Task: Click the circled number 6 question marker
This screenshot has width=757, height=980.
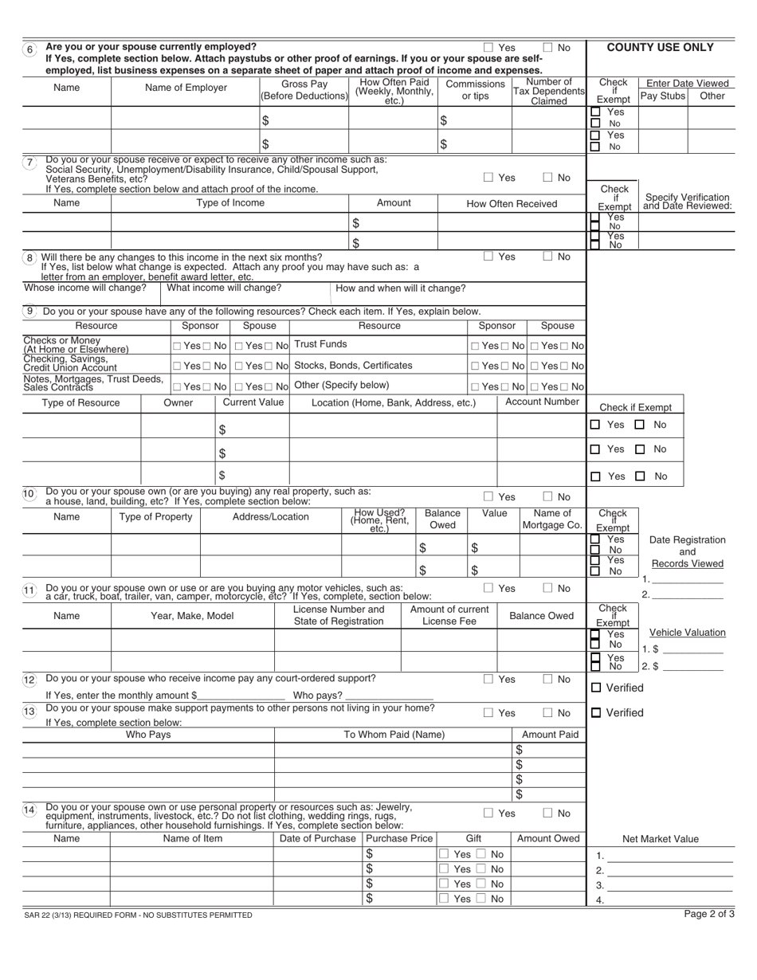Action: (30, 48)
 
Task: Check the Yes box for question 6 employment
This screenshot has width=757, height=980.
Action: (489, 48)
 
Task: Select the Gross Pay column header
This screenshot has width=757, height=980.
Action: (304, 89)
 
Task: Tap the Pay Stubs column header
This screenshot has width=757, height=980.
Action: (662, 96)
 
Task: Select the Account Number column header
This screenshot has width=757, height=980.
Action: (542, 402)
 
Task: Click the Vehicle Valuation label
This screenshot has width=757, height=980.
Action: (688, 633)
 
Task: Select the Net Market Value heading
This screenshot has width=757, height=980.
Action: (660, 838)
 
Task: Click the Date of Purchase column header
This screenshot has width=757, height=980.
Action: (317, 838)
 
